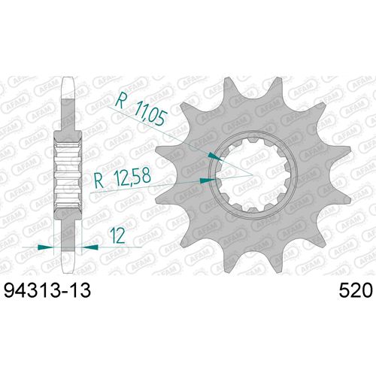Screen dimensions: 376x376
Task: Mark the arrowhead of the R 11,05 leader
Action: click(215, 154)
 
